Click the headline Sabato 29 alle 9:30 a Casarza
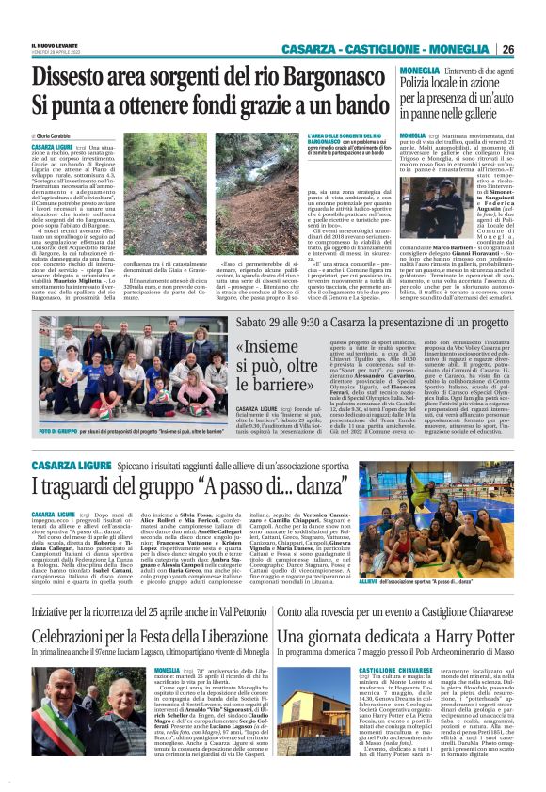tap(372, 323)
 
